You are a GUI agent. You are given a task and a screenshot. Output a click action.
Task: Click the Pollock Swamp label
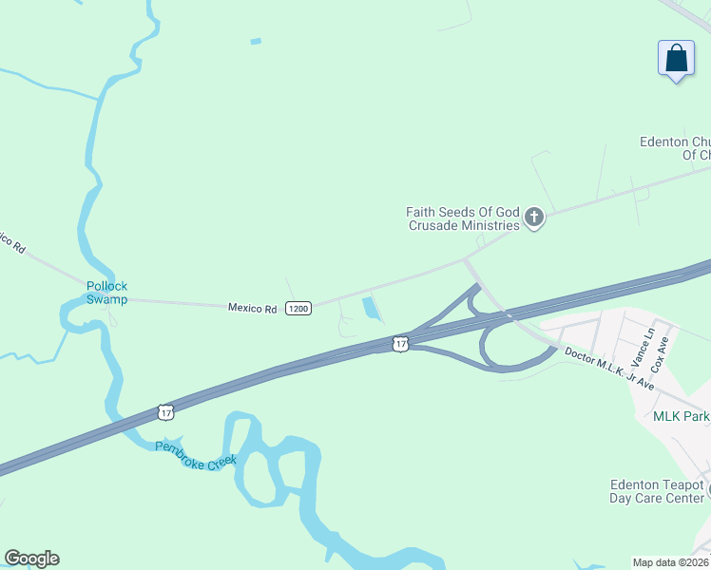[106, 293]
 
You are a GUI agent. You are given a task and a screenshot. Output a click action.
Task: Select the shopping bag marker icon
[676, 58]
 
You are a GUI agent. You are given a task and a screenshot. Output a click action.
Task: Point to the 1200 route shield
[298, 309]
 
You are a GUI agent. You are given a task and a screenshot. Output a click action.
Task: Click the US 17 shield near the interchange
[401, 343]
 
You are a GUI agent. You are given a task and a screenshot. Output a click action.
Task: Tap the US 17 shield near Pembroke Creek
[166, 412]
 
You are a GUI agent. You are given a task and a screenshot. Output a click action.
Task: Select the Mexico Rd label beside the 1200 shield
[252, 308]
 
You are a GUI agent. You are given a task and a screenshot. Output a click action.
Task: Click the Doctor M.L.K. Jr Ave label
[609, 368]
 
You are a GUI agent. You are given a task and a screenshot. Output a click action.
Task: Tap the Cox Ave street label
[663, 352]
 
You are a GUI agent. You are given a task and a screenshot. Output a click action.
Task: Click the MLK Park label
[681, 416]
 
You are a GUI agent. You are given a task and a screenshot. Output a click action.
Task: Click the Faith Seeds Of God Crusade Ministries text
[463, 218]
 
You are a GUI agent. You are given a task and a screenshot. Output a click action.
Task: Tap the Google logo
[31, 559]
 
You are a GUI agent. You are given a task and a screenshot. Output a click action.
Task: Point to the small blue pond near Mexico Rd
[371, 309]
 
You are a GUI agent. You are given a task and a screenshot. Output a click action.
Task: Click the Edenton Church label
[675, 148]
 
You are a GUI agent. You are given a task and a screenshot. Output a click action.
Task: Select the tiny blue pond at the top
[255, 41]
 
